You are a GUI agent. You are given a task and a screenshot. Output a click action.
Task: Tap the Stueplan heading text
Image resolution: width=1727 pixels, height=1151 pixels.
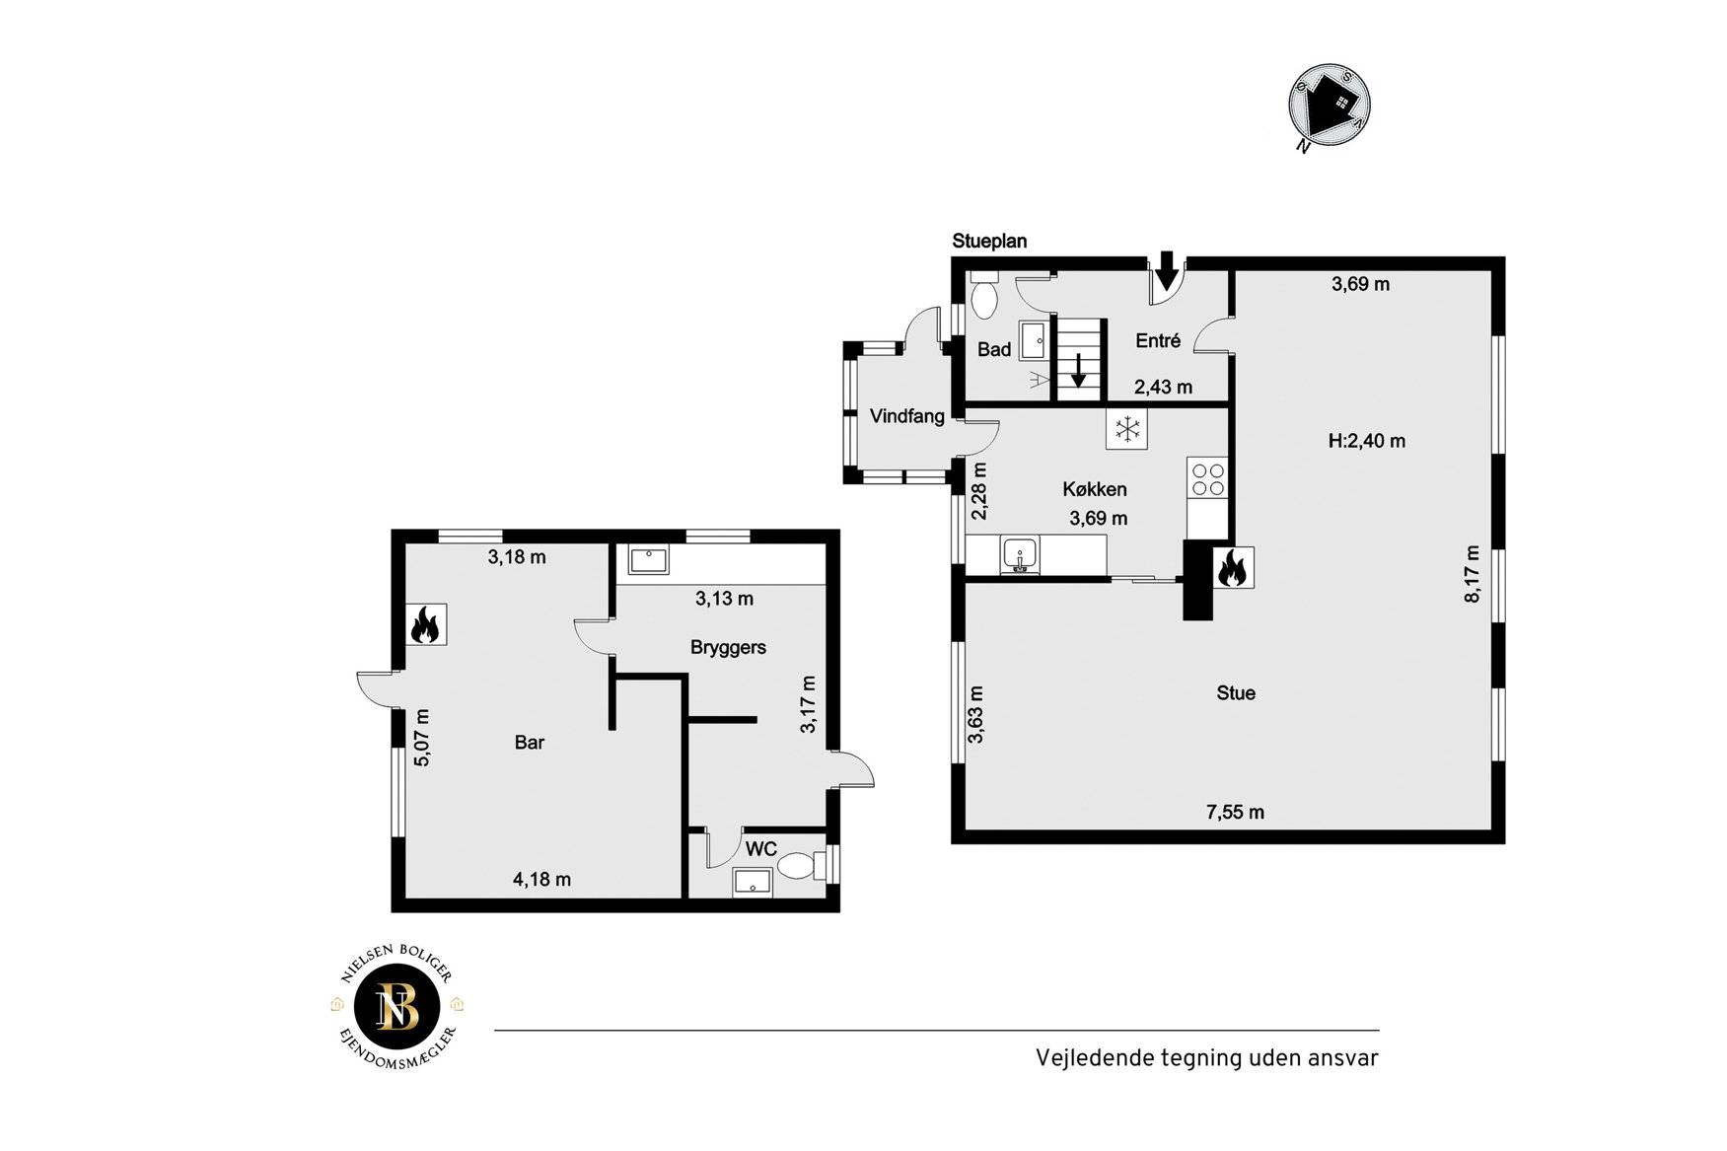pyautogui.click(x=989, y=241)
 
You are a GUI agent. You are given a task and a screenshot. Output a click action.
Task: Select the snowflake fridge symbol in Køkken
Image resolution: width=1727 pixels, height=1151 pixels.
pyautogui.click(x=1126, y=428)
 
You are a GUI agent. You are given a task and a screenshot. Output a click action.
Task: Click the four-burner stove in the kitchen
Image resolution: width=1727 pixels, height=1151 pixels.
pyautogui.click(x=1207, y=479)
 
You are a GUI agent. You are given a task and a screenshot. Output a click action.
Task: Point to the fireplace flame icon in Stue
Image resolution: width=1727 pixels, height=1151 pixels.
pyautogui.click(x=1233, y=568)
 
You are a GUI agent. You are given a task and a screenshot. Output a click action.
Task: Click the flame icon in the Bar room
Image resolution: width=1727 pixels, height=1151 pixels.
pyautogui.click(x=425, y=624)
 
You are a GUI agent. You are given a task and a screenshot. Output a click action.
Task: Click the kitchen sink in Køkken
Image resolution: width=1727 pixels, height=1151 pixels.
pyautogui.click(x=1020, y=554)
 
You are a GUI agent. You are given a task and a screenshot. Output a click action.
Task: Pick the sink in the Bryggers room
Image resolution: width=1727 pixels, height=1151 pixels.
pyautogui.click(x=648, y=560)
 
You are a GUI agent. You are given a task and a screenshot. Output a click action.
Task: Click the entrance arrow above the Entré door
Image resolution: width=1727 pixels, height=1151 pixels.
pyautogui.click(x=1167, y=268)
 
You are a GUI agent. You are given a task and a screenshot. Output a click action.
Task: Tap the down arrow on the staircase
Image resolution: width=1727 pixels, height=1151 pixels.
pyautogui.click(x=1079, y=371)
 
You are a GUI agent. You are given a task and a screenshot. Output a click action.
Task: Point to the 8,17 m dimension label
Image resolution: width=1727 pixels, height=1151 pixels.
pyautogui.click(x=1473, y=574)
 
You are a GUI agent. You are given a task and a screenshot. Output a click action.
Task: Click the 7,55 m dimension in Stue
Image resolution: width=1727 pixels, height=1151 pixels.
pyautogui.click(x=1235, y=813)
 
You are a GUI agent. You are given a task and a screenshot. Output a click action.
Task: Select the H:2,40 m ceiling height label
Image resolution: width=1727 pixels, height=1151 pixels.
pyautogui.click(x=1367, y=441)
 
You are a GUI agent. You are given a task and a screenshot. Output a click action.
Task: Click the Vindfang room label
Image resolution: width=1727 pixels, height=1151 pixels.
pyautogui.click(x=907, y=416)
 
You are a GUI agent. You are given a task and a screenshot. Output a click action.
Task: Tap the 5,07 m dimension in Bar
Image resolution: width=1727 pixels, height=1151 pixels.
pyautogui.click(x=422, y=738)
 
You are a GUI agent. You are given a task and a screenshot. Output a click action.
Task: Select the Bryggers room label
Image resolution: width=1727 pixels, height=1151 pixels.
pyautogui.click(x=728, y=648)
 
